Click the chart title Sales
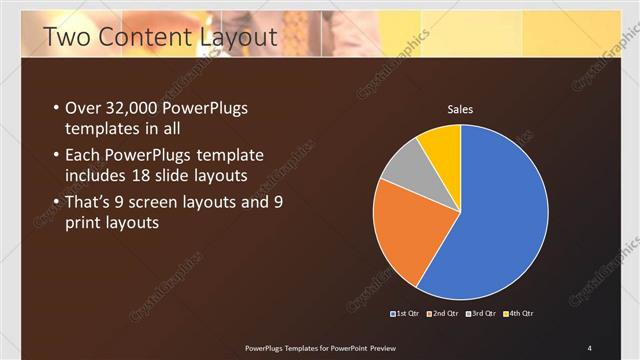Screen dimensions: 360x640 [460, 109]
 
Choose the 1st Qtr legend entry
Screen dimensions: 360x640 [405, 315]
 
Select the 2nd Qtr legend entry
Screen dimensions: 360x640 [442, 315]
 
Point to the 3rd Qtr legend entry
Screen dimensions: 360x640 [479, 315]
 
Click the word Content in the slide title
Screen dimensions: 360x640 [140, 38]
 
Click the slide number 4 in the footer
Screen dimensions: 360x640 [589, 347]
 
